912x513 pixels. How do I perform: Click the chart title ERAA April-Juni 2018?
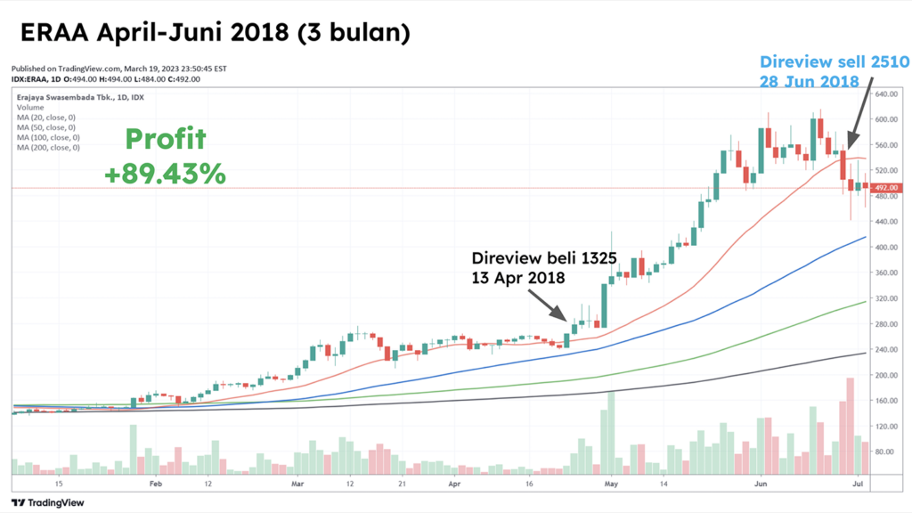pyautogui.click(x=215, y=33)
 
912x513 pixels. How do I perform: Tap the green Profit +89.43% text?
pyautogui.click(x=165, y=156)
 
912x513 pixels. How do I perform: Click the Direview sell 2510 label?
pyautogui.click(x=834, y=71)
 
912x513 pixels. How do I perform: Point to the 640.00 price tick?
pyautogui.click(x=887, y=94)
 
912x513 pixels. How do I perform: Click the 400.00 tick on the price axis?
pyautogui.click(x=887, y=248)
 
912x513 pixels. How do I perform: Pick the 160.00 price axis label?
pyautogui.click(x=887, y=401)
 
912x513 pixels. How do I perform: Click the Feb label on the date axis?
pyautogui.click(x=156, y=484)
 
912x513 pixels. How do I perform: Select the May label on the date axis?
pyautogui.click(x=611, y=484)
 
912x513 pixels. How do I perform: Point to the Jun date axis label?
pyautogui.click(x=761, y=484)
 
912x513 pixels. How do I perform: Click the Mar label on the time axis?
pyautogui.click(x=298, y=484)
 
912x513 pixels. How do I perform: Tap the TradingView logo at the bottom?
pyautogui.click(x=44, y=501)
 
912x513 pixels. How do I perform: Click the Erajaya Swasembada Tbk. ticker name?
pyautogui.click(x=53, y=97)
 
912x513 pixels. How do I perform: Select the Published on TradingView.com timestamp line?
pyautogui.click(x=120, y=68)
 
